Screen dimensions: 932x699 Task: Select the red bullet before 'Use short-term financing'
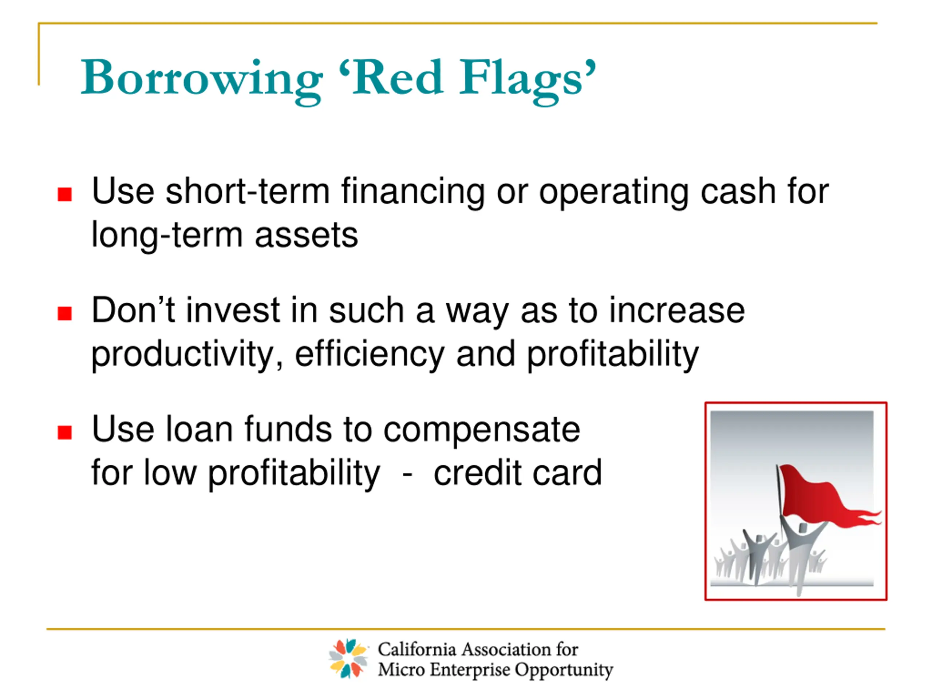click(64, 194)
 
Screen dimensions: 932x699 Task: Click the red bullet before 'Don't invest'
click(64, 313)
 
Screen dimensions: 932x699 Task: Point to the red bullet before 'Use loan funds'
click(64, 432)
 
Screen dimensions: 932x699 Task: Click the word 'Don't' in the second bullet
click(133, 310)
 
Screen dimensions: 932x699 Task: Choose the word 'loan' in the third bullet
click(199, 429)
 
